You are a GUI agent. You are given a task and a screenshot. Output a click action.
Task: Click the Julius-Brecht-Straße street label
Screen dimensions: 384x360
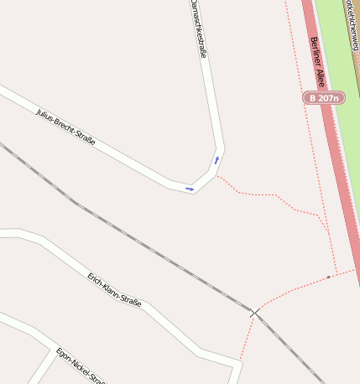pos(65,127)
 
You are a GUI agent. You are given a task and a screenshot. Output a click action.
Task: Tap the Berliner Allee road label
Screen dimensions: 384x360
pos(317,62)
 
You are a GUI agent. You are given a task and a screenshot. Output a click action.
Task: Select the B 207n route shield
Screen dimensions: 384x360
pos(324,98)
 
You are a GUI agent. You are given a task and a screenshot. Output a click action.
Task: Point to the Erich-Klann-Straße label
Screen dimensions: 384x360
pos(114,288)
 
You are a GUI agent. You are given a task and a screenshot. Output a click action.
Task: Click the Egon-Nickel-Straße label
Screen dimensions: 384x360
pos(79,365)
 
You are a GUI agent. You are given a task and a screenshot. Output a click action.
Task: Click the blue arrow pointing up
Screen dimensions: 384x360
pos(217,159)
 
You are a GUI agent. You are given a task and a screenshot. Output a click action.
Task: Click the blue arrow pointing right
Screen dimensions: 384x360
pos(190,189)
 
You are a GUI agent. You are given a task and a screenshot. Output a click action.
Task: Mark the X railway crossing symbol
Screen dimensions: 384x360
pos(254,313)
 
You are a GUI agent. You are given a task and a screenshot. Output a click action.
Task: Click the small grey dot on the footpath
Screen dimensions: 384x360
pos(329,275)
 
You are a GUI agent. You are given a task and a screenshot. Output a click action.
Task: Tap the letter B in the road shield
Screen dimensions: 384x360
pos(312,98)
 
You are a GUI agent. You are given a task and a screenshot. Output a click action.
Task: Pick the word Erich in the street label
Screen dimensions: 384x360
pos(97,278)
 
